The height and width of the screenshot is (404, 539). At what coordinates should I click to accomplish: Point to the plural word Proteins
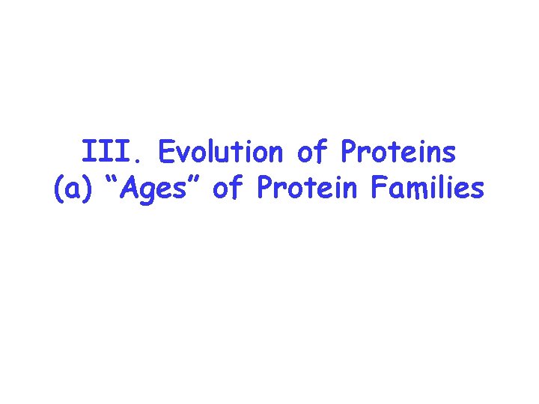[x=398, y=153]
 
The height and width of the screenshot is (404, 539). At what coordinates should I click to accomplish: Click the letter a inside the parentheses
[x=73, y=190]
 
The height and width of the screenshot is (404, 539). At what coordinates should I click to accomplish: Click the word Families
[x=427, y=189]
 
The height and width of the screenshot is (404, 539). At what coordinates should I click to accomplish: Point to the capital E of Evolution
[x=165, y=153]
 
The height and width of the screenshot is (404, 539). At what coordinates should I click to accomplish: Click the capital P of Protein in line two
[x=264, y=189]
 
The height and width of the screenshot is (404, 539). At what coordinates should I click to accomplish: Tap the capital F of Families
[x=378, y=189]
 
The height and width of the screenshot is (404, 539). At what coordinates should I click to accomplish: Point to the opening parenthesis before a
[x=59, y=190]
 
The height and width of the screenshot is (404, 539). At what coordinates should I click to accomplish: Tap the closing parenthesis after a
[x=86, y=190]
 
